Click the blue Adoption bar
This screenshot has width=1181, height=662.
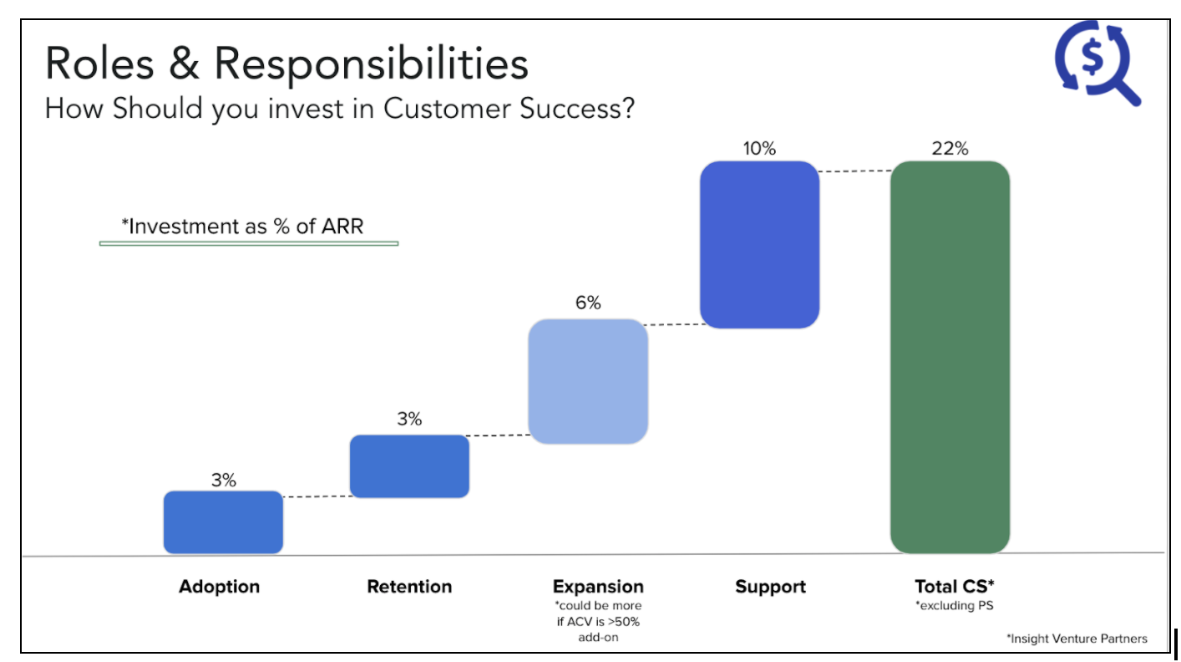tap(223, 522)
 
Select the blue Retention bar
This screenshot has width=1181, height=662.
tap(409, 466)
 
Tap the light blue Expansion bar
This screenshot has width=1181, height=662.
tap(588, 381)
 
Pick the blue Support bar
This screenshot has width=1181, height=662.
tap(760, 245)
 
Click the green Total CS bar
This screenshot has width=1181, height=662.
tap(950, 357)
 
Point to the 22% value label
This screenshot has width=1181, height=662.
tap(950, 148)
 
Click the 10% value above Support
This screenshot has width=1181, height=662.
tap(760, 148)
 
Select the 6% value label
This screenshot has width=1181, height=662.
tap(588, 303)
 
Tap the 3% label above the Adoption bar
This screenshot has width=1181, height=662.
tap(224, 480)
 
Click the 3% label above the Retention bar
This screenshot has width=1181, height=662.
tap(409, 419)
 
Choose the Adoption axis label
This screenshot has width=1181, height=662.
tap(220, 587)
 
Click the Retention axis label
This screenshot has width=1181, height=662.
tap(409, 587)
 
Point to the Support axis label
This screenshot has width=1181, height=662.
tap(770, 587)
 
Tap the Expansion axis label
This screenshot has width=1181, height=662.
tap(598, 587)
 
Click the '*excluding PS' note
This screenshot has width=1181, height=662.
tap(955, 605)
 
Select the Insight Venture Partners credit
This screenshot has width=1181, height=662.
tap(1077, 639)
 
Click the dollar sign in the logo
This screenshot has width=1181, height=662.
tap(1092, 57)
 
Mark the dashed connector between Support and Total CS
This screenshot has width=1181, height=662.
tap(855, 171)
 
